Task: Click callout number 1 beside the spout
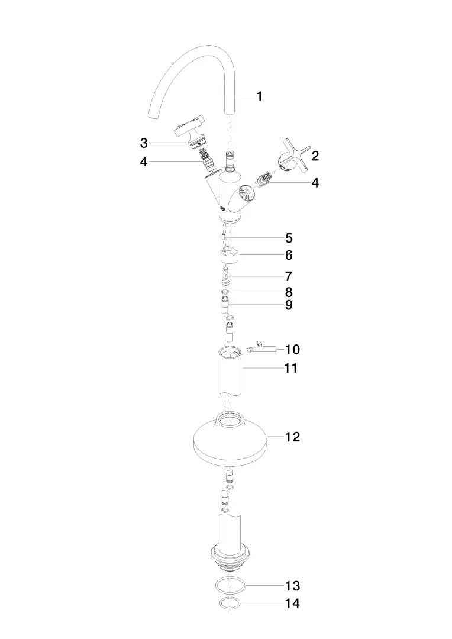pyautogui.click(x=259, y=96)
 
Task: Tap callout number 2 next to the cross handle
pyautogui.click(x=315, y=156)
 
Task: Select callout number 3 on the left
pyautogui.click(x=143, y=143)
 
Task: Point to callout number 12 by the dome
pyautogui.click(x=293, y=437)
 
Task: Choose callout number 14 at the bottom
pyautogui.click(x=293, y=603)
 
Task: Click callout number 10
pyautogui.click(x=293, y=350)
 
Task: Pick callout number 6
pyautogui.click(x=289, y=255)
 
